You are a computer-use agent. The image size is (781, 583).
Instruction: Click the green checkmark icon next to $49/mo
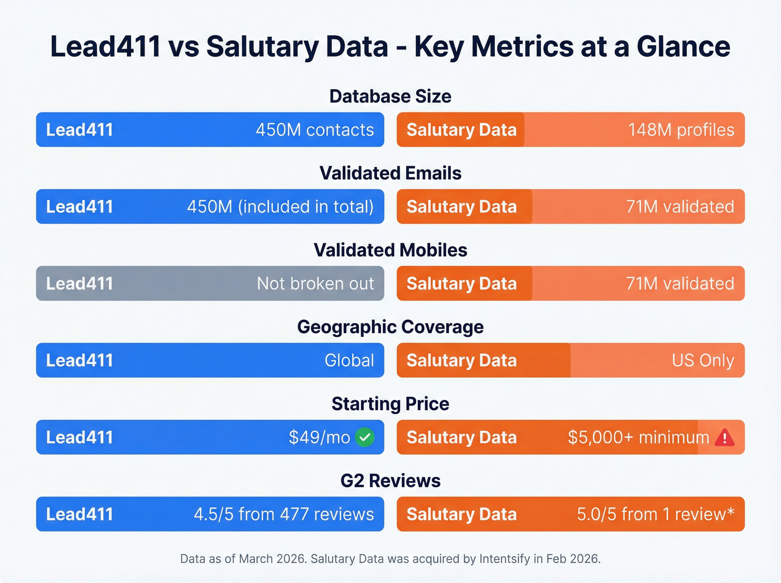[x=365, y=437]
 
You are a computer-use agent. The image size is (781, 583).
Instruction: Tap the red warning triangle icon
[x=724, y=437]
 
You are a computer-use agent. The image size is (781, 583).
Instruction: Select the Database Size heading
[x=390, y=96]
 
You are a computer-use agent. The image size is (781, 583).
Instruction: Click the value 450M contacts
[x=315, y=129]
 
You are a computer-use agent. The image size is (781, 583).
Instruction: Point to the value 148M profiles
[x=681, y=129]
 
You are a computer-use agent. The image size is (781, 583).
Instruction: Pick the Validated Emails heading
[x=390, y=173]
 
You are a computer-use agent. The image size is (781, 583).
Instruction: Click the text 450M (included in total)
[x=280, y=206]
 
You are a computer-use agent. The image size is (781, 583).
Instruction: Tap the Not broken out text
[x=315, y=283]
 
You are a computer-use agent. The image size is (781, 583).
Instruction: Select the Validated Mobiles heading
[x=390, y=250]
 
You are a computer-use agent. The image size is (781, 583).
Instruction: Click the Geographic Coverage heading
[x=390, y=327]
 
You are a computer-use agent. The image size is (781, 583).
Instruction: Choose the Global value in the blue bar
[x=349, y=360]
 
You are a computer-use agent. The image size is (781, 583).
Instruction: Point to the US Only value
[x=702, y=360]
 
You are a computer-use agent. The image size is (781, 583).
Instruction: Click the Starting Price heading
[x=390, y=404]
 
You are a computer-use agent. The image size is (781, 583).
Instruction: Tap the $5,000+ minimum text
[x=638, y=437]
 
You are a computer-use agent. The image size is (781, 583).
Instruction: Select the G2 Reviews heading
[x=390, y=480]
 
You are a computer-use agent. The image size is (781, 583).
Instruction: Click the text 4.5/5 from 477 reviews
[x=283, y=514]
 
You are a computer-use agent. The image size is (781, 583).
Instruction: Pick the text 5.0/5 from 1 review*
[x=655, y=514]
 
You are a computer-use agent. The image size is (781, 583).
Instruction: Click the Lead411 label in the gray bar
[x=79, y=283]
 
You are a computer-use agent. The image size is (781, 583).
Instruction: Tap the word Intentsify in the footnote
[x=504, y=558]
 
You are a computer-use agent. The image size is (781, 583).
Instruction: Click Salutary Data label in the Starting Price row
[x=461, y=437]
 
